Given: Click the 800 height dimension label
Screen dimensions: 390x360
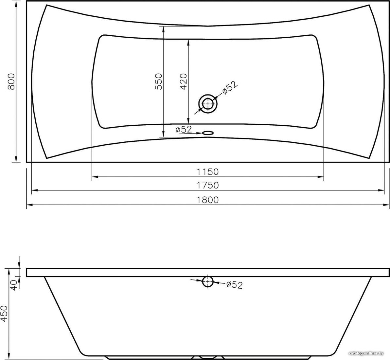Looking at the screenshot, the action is click(11, 81).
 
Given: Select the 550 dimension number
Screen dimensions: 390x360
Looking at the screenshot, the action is click(158, 81).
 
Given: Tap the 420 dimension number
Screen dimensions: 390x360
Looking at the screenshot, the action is click(183, 81).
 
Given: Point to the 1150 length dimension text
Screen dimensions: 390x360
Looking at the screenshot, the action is click(207, 172).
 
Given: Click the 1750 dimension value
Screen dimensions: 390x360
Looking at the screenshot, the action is click(208, 185).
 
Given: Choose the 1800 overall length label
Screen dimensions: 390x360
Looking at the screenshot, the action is click(208, 200).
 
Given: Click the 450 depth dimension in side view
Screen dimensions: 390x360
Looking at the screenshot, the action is click(5, 314).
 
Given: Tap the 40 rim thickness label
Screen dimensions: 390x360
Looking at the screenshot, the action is click(14, 285).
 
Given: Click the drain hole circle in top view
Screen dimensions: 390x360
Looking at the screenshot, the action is click(208, 104).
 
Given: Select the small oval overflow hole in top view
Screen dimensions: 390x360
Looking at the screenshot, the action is click(207, 133).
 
